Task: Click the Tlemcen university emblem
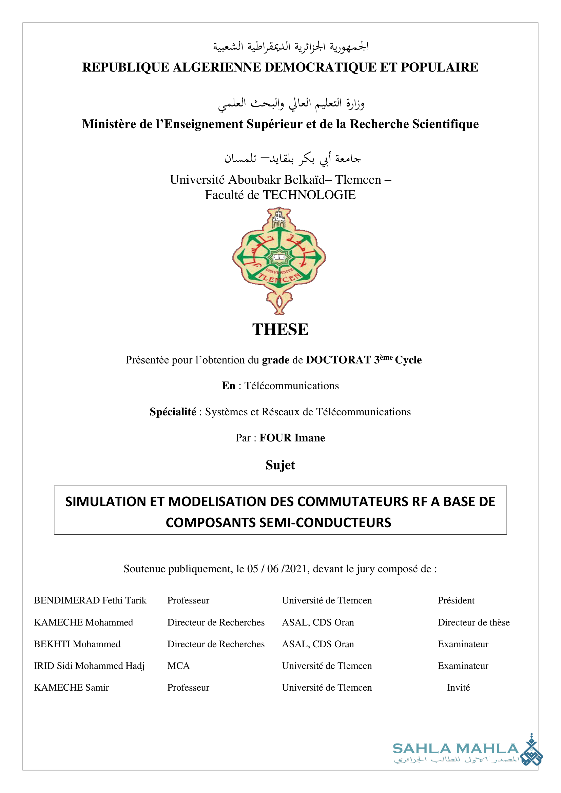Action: (279, 260)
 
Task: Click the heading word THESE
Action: (280, 330)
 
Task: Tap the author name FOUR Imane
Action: (292, 438)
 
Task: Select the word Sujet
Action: (280, 465)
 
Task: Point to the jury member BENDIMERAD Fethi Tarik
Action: (90, 600)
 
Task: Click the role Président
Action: (456, 600)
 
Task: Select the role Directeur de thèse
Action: (473, 622)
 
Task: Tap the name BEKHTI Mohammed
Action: (77, 644)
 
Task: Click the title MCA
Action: (179, 666)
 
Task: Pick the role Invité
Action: (459, 688)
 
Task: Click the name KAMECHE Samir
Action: (72, 688)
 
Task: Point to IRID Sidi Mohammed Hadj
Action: (89, 666)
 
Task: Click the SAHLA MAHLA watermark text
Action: (455, 749)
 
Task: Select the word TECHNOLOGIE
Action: (310, 195)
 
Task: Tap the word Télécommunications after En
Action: (292, 386)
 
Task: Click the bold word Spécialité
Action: (173, 412)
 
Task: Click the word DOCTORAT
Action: (338, 360)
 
